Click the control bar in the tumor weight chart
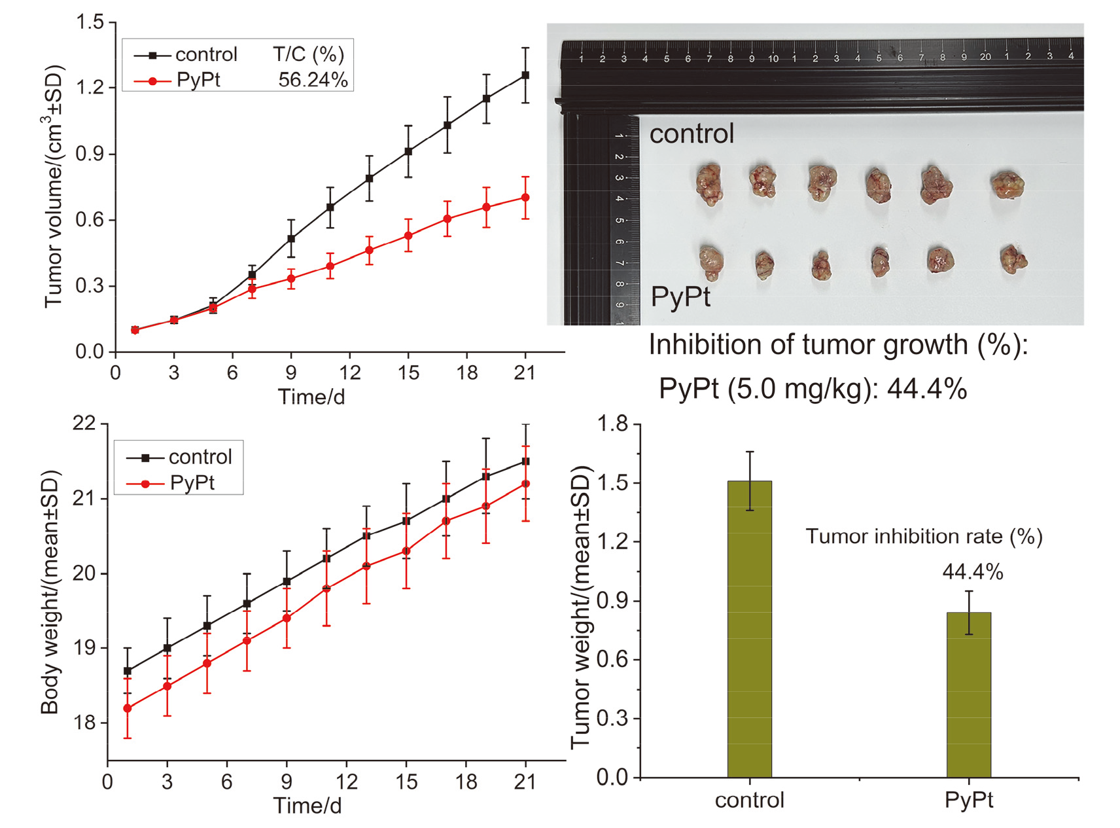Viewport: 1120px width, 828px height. pyautogui.click(x=750, y=628)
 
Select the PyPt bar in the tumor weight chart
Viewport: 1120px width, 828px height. pyautogui.click(x=968, y=694)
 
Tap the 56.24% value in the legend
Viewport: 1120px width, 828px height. pyautogui.click(x=313, y=80)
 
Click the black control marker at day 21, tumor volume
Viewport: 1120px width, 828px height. pyautogui.click(x=525, y=75)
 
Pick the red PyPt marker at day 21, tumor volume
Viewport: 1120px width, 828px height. pyautogui.click(x=525, y=198)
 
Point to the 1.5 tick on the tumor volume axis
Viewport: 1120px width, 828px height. pyautogui.click(x=90, y=22)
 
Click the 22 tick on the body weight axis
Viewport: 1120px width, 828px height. pyautogui.click(x=84, y=423)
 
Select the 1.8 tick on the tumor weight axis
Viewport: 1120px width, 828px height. pyautogui.click(x=612, y=424)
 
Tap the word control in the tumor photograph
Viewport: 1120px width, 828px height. pyautogui.click(x=691, y=134)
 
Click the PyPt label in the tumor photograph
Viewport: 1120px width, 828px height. pyautogui.click(x=680, y=297)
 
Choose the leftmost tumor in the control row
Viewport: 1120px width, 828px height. pyautogui.click(x=709, y=184)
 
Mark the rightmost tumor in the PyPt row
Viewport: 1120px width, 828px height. pyautogui.click(x=1013, y=259)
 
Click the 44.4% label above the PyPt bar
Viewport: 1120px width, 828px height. pyautogui.click(x=972, y=572)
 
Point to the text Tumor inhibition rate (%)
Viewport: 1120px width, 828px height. pyautogui.click(x=924, y=537)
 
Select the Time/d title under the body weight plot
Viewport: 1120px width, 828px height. pyautogui.click(x=307, y=806)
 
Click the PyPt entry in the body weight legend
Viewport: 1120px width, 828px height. pyautogui.click(x=192, y=483)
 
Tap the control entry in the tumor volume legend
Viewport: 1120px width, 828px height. pyautogui.click(x=206, y=54)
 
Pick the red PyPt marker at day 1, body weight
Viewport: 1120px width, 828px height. pyautogui.click(x=128, y=708)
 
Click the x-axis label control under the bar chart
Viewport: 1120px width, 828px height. pyautogui.click(x=750, y=800)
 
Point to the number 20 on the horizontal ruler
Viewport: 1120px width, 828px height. pyautogui.click(x=985, y=57)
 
